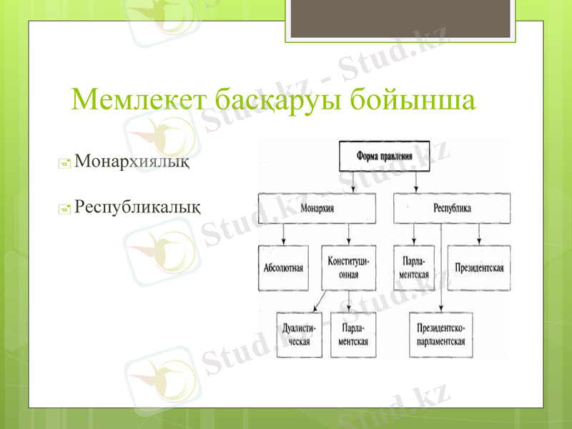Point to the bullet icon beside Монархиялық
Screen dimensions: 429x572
coord(64,164)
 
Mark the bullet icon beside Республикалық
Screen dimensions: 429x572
coord(64,209)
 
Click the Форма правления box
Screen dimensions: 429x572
coord(385,156)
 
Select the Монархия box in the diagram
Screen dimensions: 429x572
coord(317,208)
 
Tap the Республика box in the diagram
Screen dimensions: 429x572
coord(452,208)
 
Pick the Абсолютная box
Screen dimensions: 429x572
coord(284,268)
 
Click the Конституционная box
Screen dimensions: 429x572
coord(348,268)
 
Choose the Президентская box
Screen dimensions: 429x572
coord(479,268)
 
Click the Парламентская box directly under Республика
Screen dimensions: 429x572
coord(415,268)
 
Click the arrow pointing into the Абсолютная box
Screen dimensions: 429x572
coord(284,234)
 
